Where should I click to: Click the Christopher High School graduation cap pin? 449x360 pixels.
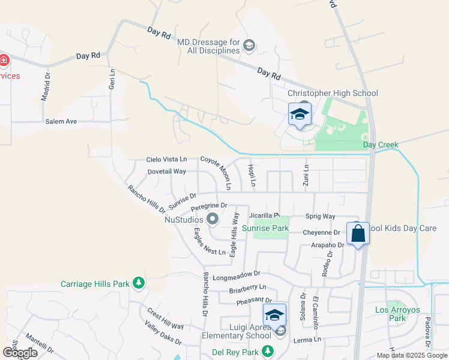pyautogui.click(x=300, y=115)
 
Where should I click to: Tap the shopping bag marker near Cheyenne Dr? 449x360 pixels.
pyautogui.click(x=358, y=233)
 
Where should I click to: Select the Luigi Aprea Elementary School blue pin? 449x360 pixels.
pyautogui.click(x=274, y=315)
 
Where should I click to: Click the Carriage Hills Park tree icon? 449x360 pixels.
pyautogui.click(x=139, y=283)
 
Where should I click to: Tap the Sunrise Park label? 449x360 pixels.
pyautogui.click(x=265, y=228)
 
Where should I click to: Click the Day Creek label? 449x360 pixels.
pyautogui.click(x=381, y=145)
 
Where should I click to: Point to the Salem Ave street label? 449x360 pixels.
pyautogui.click(x=61, y=121)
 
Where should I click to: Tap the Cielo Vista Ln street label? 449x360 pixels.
pyautogui.click(x=167, y=160)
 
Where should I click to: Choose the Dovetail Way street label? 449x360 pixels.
pyautogui.click(x=167, y=172)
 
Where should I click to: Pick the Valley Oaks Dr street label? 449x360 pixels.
pyautogui.click(x=163, y=332)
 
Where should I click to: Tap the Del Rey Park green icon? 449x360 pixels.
pyautogui.click(x=268, y=351)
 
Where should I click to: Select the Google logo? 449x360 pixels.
pyautogui.click(x=19, y=353)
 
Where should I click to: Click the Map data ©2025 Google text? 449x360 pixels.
pyautogui.click(x=411, y=355)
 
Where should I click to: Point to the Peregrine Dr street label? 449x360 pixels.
pyautogui.click(x=208, y=206)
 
